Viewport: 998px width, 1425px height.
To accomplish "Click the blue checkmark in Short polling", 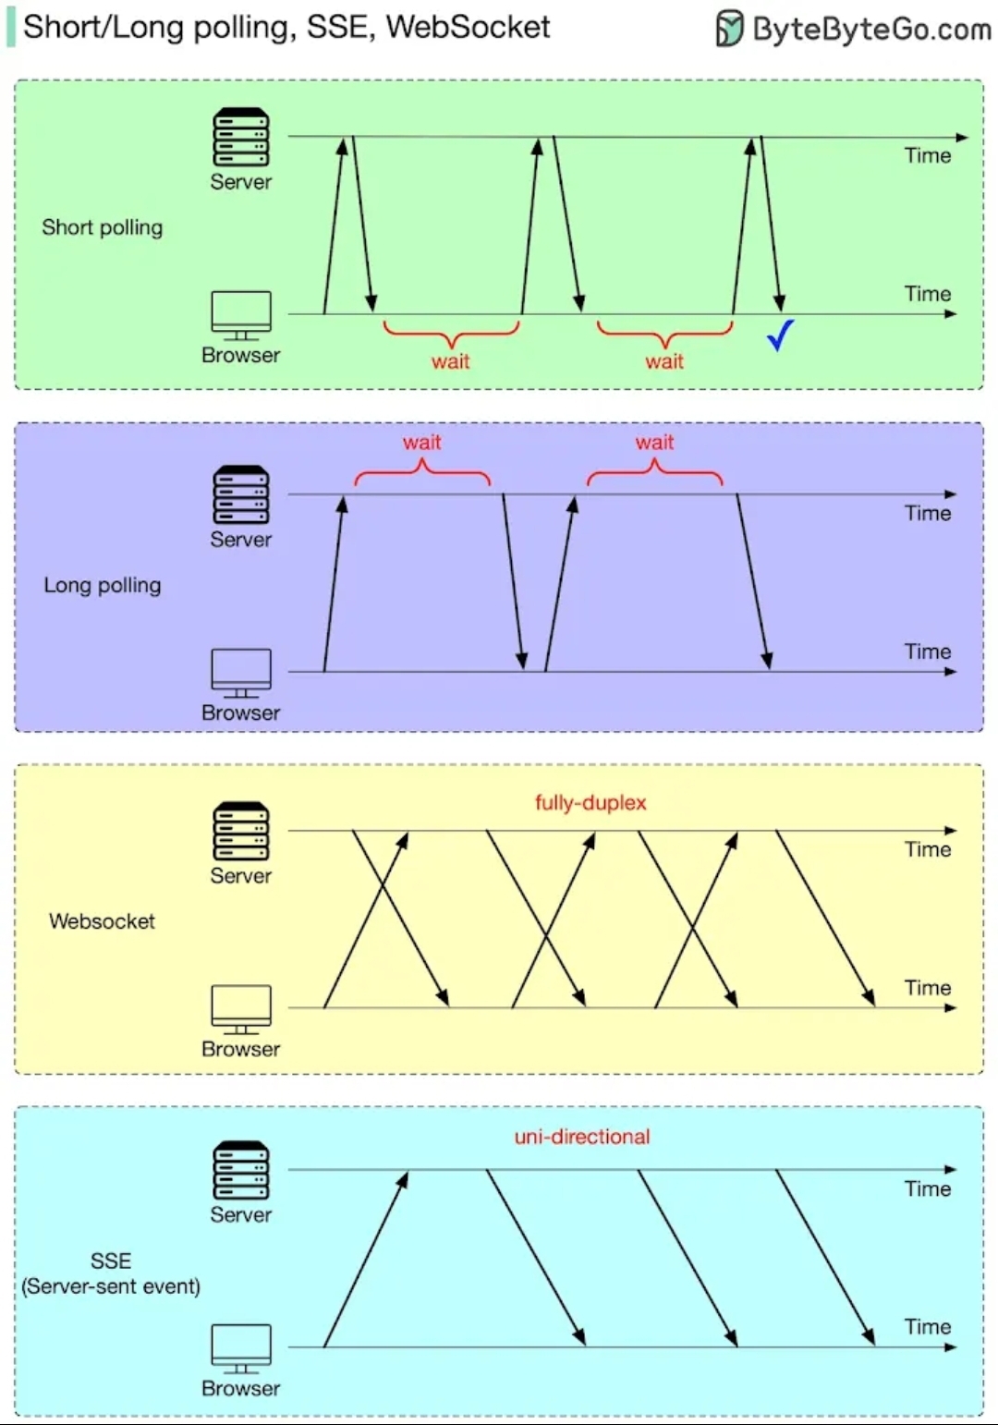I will click(780, 335).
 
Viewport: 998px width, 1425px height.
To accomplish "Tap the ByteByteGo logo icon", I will click(729, 29).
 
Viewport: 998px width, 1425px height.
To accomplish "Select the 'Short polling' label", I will click(102, 227).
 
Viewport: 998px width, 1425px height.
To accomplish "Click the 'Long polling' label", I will click(102, 585).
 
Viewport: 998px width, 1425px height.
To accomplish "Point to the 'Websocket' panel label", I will click(102, 921).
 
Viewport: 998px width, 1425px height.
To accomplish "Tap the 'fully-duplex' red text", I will click(590, 802).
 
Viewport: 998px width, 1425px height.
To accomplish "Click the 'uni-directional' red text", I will click(582, 1137).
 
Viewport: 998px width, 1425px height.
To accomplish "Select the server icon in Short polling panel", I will click(241, 137).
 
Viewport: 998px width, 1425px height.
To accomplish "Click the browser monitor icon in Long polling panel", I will click(241, 673).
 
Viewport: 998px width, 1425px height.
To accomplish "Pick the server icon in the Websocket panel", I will click(241, 831).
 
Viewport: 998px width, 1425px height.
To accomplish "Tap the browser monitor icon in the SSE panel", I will click(241, 1348).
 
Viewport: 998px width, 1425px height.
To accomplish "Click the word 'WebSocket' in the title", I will click(468, 27).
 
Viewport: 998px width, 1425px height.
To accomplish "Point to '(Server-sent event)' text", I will click(111, 1286).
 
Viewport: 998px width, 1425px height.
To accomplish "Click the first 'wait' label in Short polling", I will click(451, 361).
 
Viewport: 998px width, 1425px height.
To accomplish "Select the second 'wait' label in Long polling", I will click(654, 443).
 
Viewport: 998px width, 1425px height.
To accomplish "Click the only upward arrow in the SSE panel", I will click(366, 1259).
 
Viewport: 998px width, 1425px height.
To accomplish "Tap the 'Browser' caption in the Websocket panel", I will click(240, 1049).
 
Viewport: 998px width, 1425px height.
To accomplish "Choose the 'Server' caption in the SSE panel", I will click(240, 1214).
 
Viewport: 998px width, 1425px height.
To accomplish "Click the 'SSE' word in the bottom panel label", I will click(111, 1261).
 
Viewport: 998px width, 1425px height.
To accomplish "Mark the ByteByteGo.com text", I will click(871, 30).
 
